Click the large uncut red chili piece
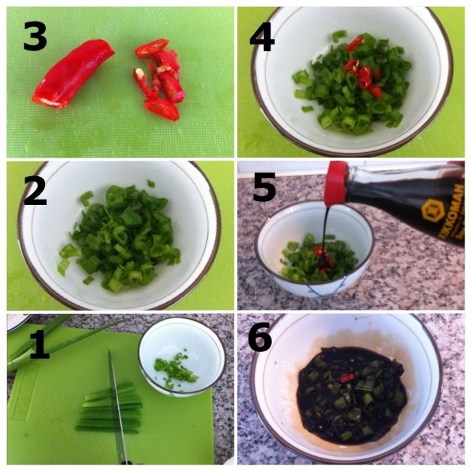[72, 73]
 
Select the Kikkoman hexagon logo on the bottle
[433, 211]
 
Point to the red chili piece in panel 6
[346, 378]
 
